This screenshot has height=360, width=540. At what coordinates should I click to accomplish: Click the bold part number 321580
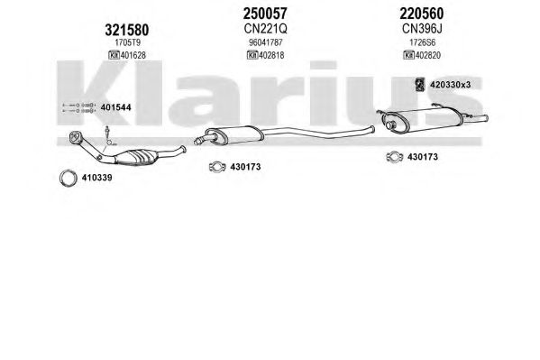[127, 30]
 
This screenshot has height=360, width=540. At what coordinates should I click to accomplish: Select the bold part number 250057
[265, 14]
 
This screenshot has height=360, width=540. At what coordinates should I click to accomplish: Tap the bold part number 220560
[422, 14]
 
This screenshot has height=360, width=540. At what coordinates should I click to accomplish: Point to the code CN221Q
[265, 29]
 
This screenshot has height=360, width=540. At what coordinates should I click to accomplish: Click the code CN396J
[422, 29]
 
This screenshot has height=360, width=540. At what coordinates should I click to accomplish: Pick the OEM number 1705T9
[127, 42]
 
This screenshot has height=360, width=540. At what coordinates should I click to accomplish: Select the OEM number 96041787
[266, 42]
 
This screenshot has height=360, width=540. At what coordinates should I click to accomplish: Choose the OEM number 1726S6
[422, 42]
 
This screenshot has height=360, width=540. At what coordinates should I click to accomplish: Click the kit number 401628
[133, 55]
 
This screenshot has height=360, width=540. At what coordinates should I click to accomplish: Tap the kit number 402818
[271, 55]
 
